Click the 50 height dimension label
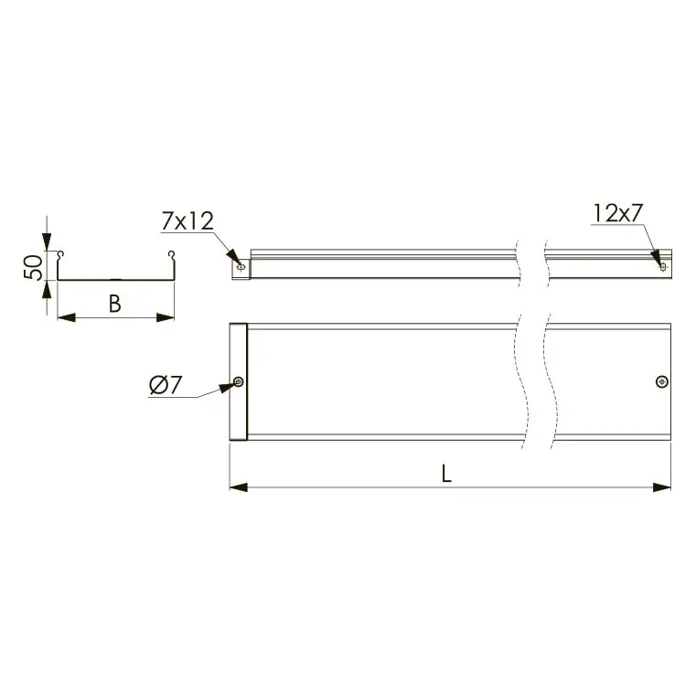33,267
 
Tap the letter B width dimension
115,304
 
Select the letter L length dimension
446,473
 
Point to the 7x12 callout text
187,221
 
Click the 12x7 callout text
618,213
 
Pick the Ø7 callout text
166,385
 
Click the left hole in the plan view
239,381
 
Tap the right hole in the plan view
662,381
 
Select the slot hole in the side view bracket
241,267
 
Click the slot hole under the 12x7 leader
663,267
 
